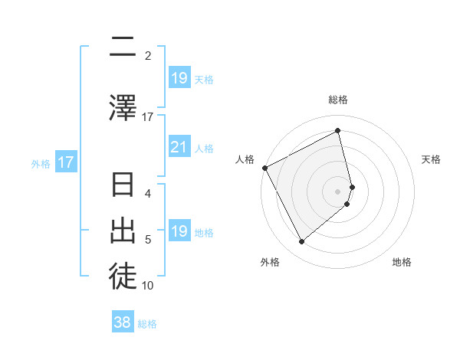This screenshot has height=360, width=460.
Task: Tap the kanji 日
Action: point(123,186)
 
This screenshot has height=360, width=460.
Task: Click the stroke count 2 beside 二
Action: point(148,55)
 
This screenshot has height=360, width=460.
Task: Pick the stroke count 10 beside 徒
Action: point(148,286)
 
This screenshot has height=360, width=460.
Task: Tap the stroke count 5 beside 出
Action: point(148,240)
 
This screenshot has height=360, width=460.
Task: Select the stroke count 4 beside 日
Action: point(148,193)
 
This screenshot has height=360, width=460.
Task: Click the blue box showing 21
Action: point(179,147)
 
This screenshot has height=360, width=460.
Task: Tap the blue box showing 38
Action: point(123,322)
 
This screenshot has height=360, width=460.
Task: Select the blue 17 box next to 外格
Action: point(65,162)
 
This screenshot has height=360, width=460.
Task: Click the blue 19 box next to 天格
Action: point(179,78)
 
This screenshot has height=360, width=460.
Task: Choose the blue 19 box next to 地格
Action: point(179,231)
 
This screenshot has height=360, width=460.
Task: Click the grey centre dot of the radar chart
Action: point(338,191)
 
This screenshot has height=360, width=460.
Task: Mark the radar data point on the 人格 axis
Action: point(264,168)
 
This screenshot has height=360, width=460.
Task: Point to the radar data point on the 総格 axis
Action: point(338,130)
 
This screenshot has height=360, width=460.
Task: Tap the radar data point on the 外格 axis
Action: point(301,242)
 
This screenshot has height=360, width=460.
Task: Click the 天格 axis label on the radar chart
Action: point(432,159)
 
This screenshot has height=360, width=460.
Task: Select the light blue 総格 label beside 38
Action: point(147,324)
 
